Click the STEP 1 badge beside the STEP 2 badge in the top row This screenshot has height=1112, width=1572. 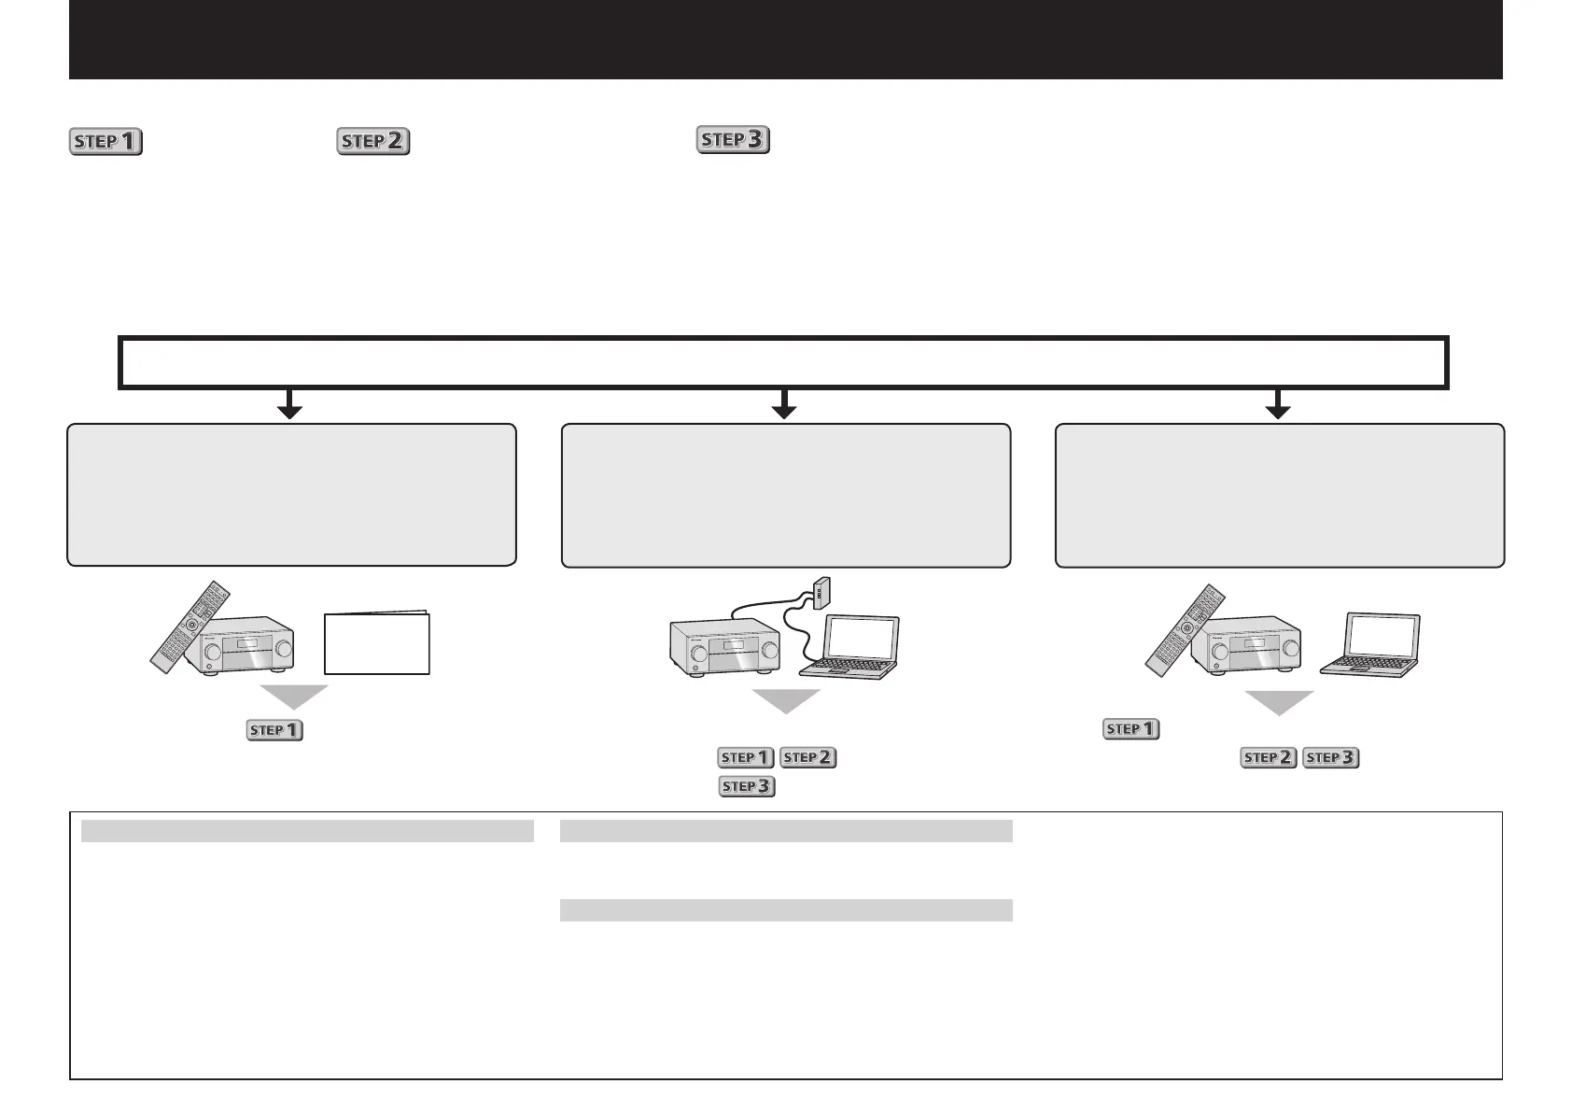[x=105, y=142]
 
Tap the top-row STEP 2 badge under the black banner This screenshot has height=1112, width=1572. [x=373, y=141]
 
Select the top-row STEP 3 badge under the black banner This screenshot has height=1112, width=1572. [x=733, y=140]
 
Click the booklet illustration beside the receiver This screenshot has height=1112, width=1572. [x=377, y=642]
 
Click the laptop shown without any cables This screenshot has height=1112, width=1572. [x=1370, y=644]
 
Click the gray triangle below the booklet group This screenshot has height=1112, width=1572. [x=294, y=697]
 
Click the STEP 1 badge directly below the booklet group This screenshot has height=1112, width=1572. [x=274, y=730]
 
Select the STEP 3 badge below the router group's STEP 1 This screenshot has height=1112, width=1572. [x=747, y=786]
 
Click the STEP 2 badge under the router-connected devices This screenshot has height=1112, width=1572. [x=808, y=757]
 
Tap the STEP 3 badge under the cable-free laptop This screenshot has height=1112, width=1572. [x=1331, y=757]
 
